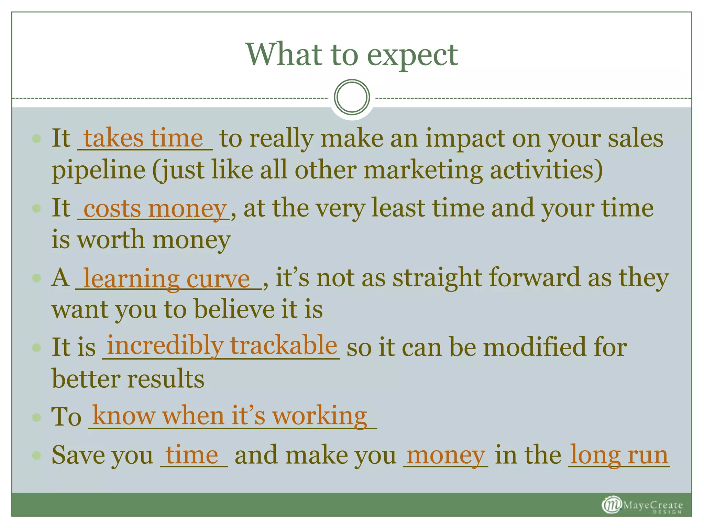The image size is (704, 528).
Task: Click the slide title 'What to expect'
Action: point(352,55)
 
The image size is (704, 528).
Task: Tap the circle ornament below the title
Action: point(352,97)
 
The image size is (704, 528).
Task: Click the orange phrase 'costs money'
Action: point(155,209)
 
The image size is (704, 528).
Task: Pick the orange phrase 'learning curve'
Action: point(167,278)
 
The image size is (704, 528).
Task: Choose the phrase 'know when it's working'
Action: point(230,416)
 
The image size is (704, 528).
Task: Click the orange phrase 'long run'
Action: point(619,455)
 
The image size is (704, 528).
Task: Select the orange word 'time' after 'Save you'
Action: point(192,455)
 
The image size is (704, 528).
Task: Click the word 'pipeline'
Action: point(99,170)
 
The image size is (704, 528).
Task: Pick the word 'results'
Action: point(166,379)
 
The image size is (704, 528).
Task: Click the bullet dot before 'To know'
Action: point(36,417)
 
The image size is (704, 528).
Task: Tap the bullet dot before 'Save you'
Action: point(36,455)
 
